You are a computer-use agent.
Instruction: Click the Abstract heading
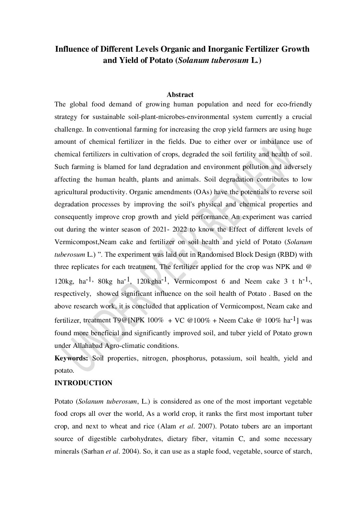pos(180,95)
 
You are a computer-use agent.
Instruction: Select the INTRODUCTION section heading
pos(83,383)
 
